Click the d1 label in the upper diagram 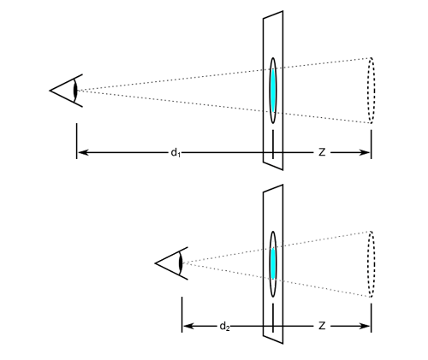pos(175,153)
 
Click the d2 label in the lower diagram pos(224,327)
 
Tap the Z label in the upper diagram pos(322,152)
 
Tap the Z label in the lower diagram pos(322,326)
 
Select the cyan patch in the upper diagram pos(273,90)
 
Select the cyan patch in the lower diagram pos(273,263)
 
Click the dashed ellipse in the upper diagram pos(368,91)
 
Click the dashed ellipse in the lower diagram pos(368,264)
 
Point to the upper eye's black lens pos(75,91)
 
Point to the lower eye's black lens pos(181,263)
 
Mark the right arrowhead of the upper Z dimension pos(365,152)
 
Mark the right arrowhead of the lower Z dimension pos(365,326)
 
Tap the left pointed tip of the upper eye pos(50,91)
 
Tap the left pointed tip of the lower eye pos(155,263)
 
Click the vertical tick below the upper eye pos(76,141)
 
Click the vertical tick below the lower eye pos(181,315)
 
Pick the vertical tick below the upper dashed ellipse pos(372,145)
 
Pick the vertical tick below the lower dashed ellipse pos(372,318)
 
